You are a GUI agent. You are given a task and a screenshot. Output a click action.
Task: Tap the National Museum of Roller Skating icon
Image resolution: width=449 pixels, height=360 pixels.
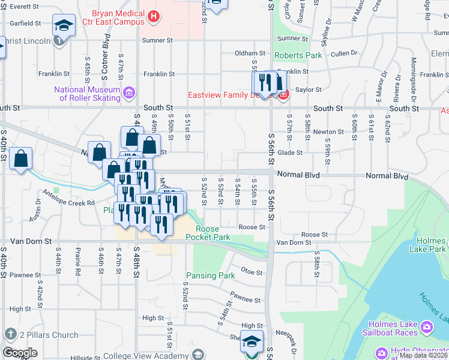128,92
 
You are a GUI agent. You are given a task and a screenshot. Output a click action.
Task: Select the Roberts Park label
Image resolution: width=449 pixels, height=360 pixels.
298,56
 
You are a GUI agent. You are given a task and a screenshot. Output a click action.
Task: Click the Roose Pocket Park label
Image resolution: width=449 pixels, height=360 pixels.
208,233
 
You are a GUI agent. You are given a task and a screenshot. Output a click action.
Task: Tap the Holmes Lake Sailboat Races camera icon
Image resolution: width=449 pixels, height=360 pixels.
426,327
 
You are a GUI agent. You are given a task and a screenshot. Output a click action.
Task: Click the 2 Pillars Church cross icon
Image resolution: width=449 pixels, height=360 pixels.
10,334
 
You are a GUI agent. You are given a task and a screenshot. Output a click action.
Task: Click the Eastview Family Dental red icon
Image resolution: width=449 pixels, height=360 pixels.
284,94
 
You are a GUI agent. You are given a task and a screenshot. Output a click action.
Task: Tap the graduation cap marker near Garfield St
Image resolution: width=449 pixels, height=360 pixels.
64,25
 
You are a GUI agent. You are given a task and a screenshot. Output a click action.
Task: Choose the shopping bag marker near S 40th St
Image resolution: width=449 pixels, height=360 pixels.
21,159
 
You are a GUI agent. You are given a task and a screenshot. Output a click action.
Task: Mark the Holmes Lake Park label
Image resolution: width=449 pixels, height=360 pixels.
429,245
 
